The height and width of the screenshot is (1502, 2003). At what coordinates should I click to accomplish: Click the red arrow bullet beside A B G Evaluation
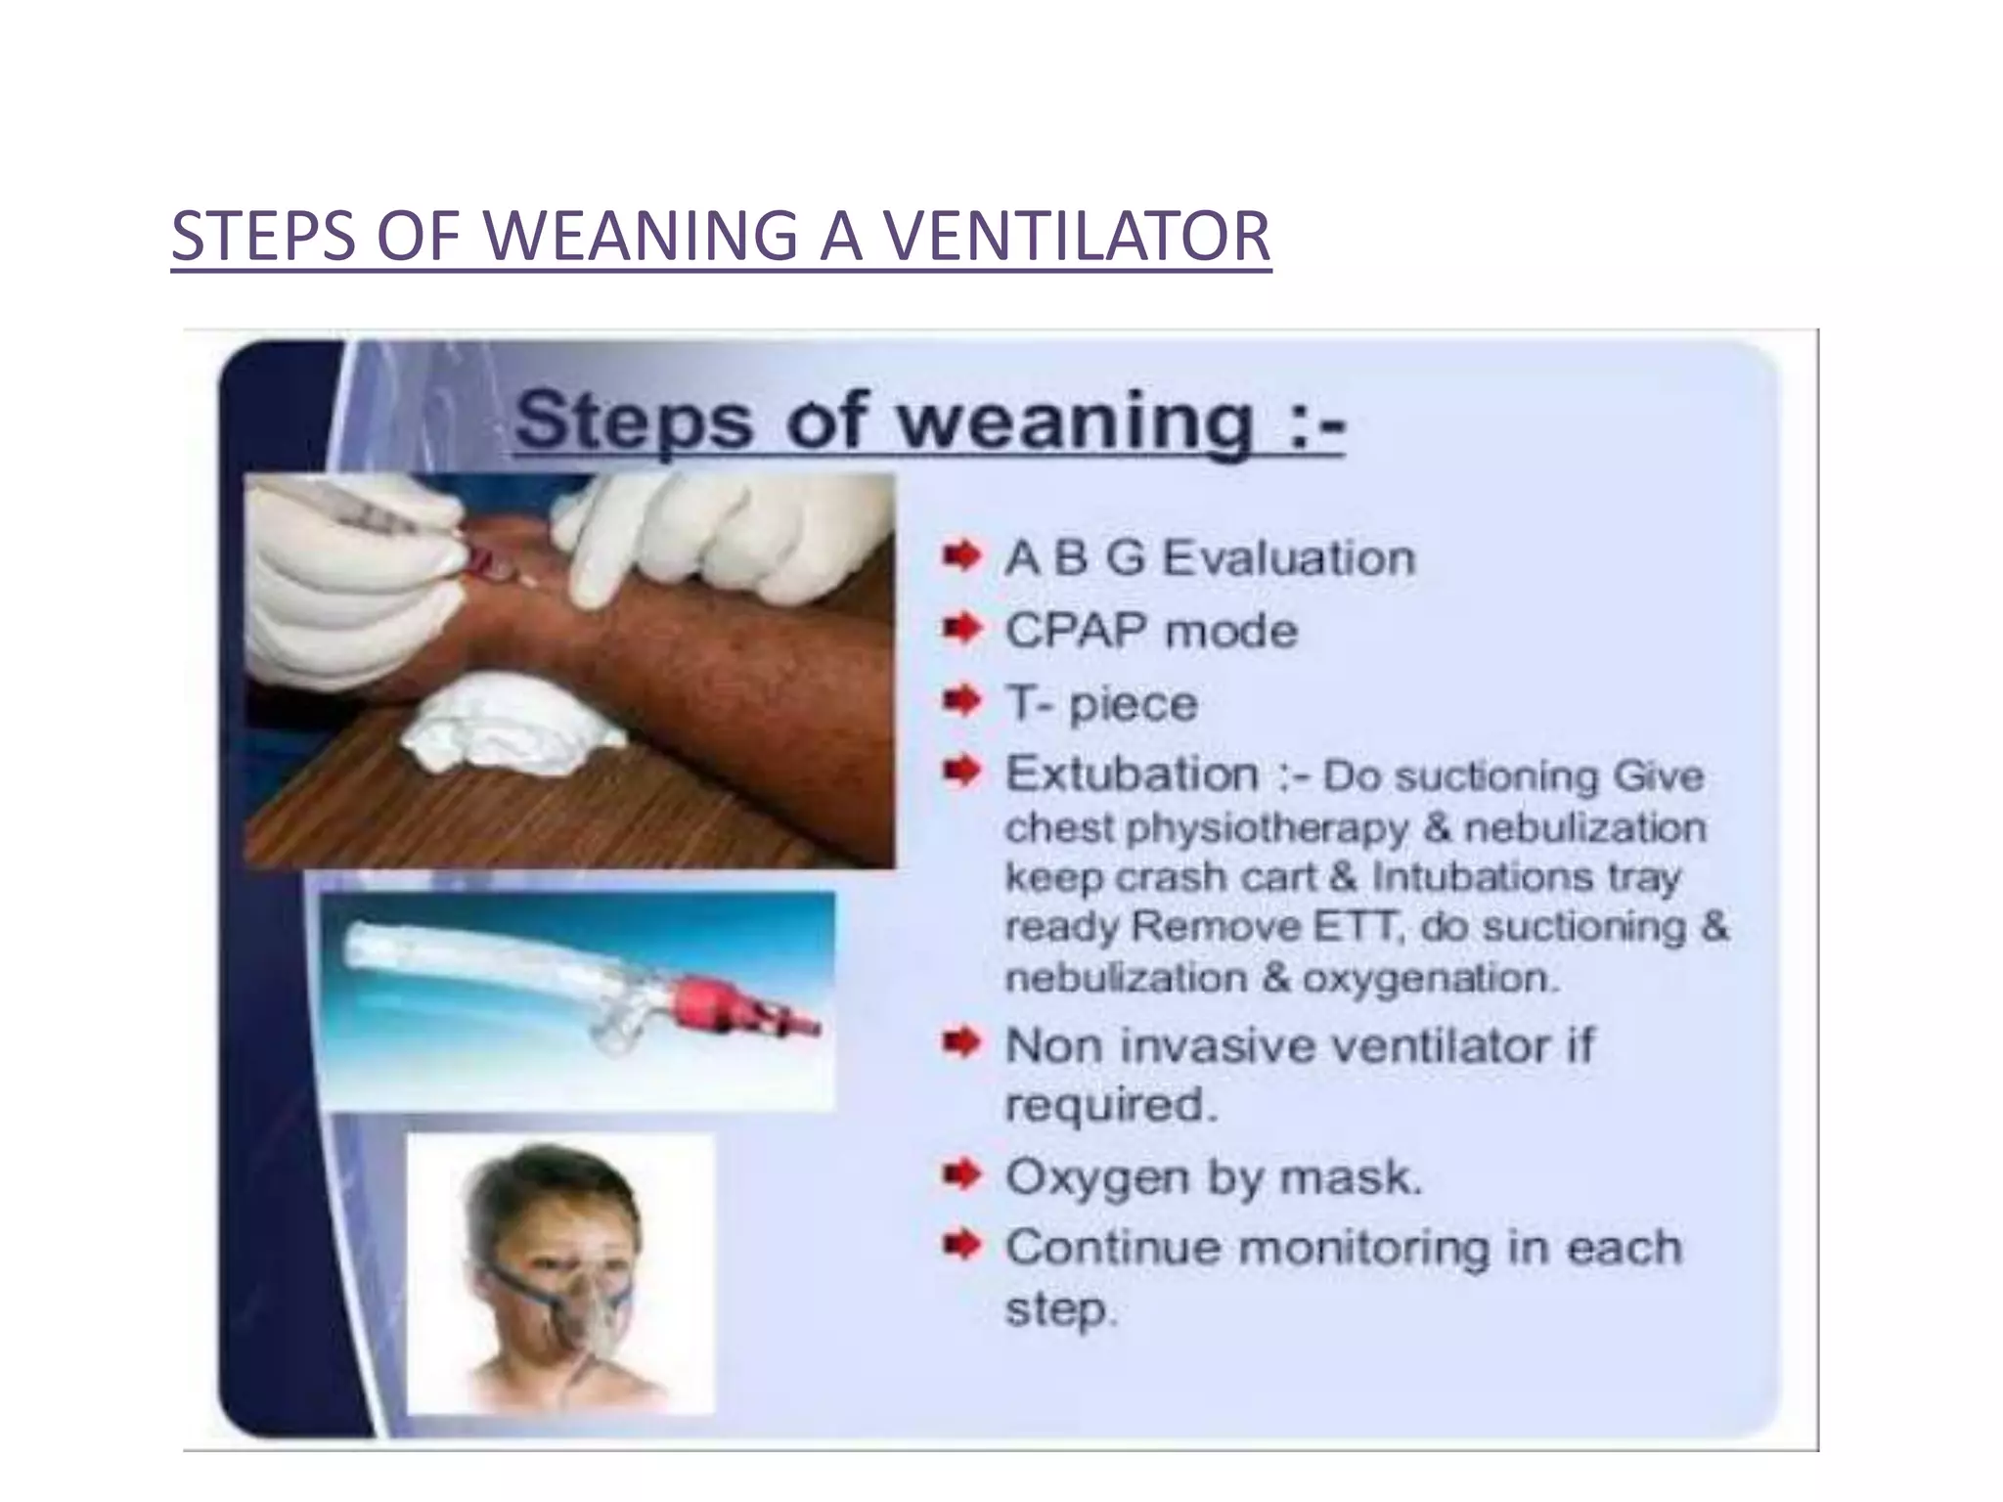pyautogui.click(x=961, y=558)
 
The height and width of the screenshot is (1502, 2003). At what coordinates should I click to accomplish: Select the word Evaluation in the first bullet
pyautogui.click(x=1288, y=558)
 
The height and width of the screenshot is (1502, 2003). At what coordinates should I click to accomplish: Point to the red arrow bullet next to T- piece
pyautogui.click(x=961, y=701)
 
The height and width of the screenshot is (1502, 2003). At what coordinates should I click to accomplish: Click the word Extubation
pyautogui.click(x=1132, y=774)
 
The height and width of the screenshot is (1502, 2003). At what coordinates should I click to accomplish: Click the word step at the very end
pyautogui.click(x=1058, y=1309)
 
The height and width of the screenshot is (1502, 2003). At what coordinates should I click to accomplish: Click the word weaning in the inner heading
pyautogui.click(x=1076, y=420)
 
